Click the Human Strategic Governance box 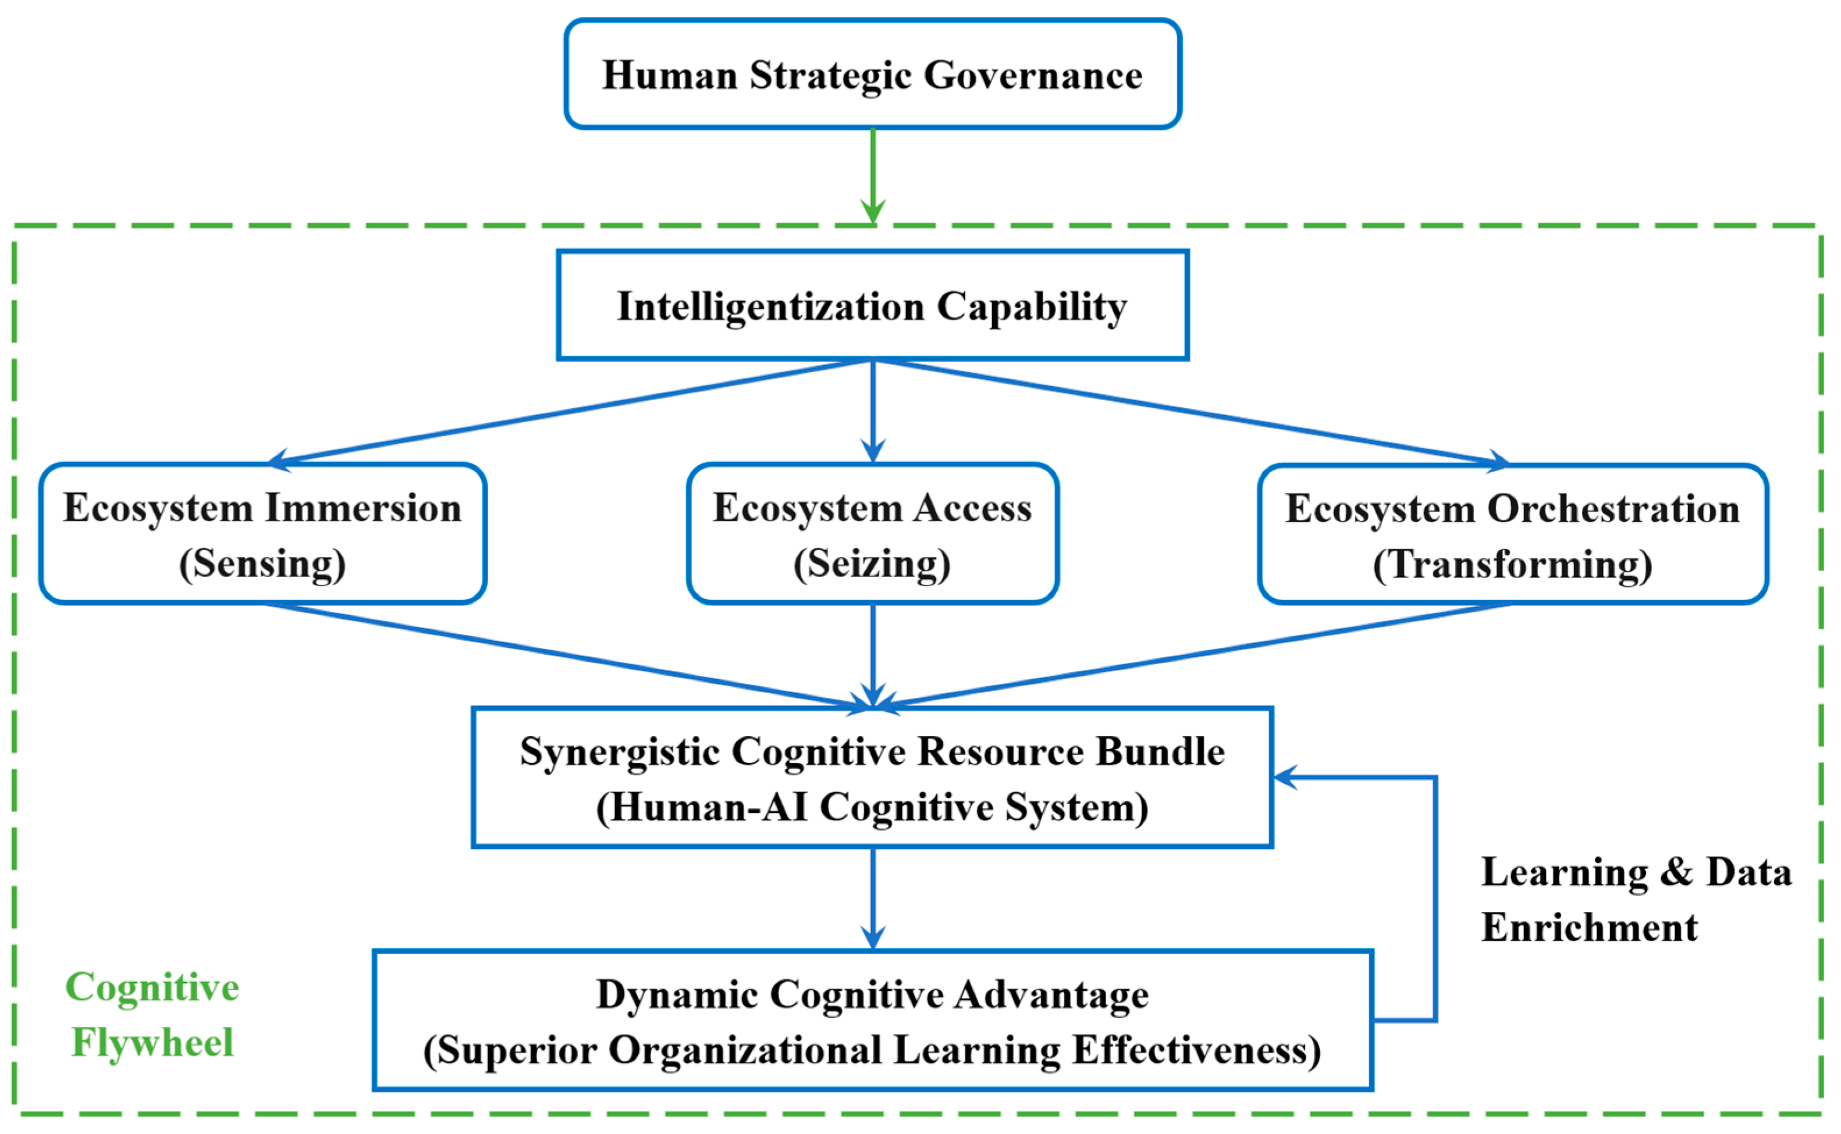(x=872, y=74)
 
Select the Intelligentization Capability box (x=872, y=305)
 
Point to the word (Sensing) (x=262, y=564)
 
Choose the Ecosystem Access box (x=872, y=534)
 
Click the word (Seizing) (x=872, y=564)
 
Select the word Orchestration (x=1613, y=509)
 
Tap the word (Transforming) (x=1512, y=565)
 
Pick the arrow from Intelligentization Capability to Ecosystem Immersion (x=570, y=411)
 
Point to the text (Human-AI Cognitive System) (x=872, y=808)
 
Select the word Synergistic (x=620, y=753)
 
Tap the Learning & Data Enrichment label (x=1636, y=899)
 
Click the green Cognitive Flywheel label (x=152, y=1014)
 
